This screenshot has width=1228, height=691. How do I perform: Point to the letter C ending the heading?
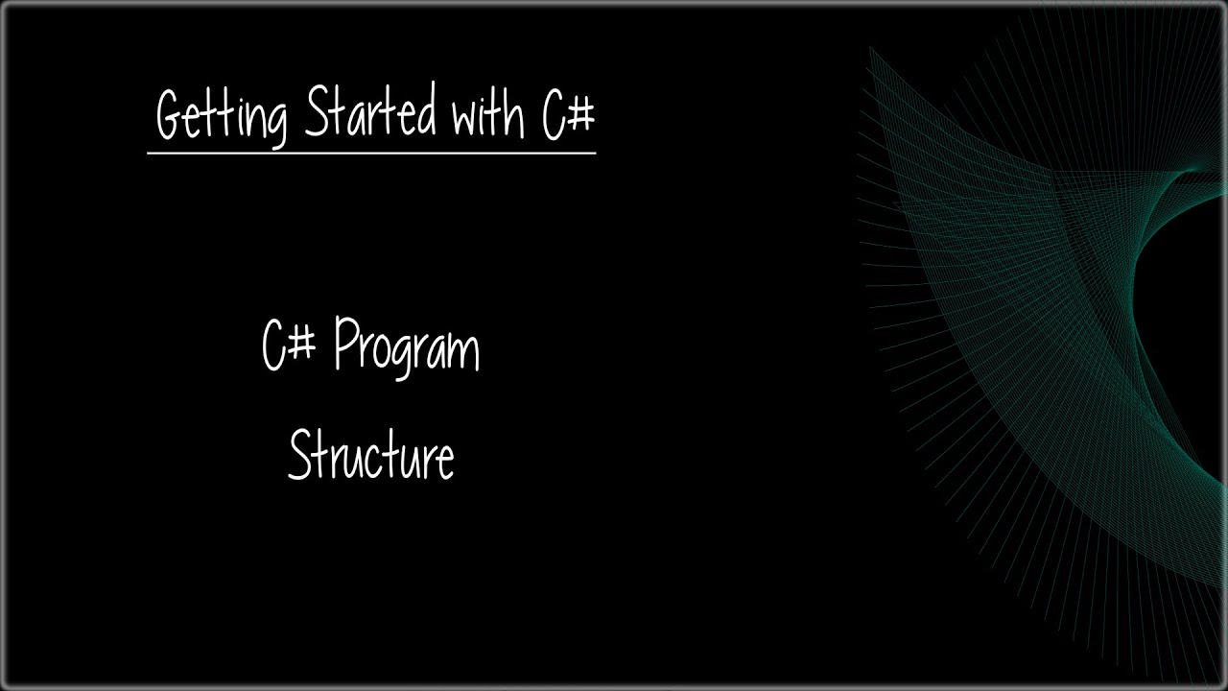[x=554, y=115]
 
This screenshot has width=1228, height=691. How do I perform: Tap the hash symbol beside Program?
[x=302, y=345]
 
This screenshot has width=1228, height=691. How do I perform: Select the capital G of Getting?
[x=170, y=116]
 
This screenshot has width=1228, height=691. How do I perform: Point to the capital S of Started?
[x=317, y=112]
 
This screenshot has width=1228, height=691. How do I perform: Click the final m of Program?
[x=465, y=352]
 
